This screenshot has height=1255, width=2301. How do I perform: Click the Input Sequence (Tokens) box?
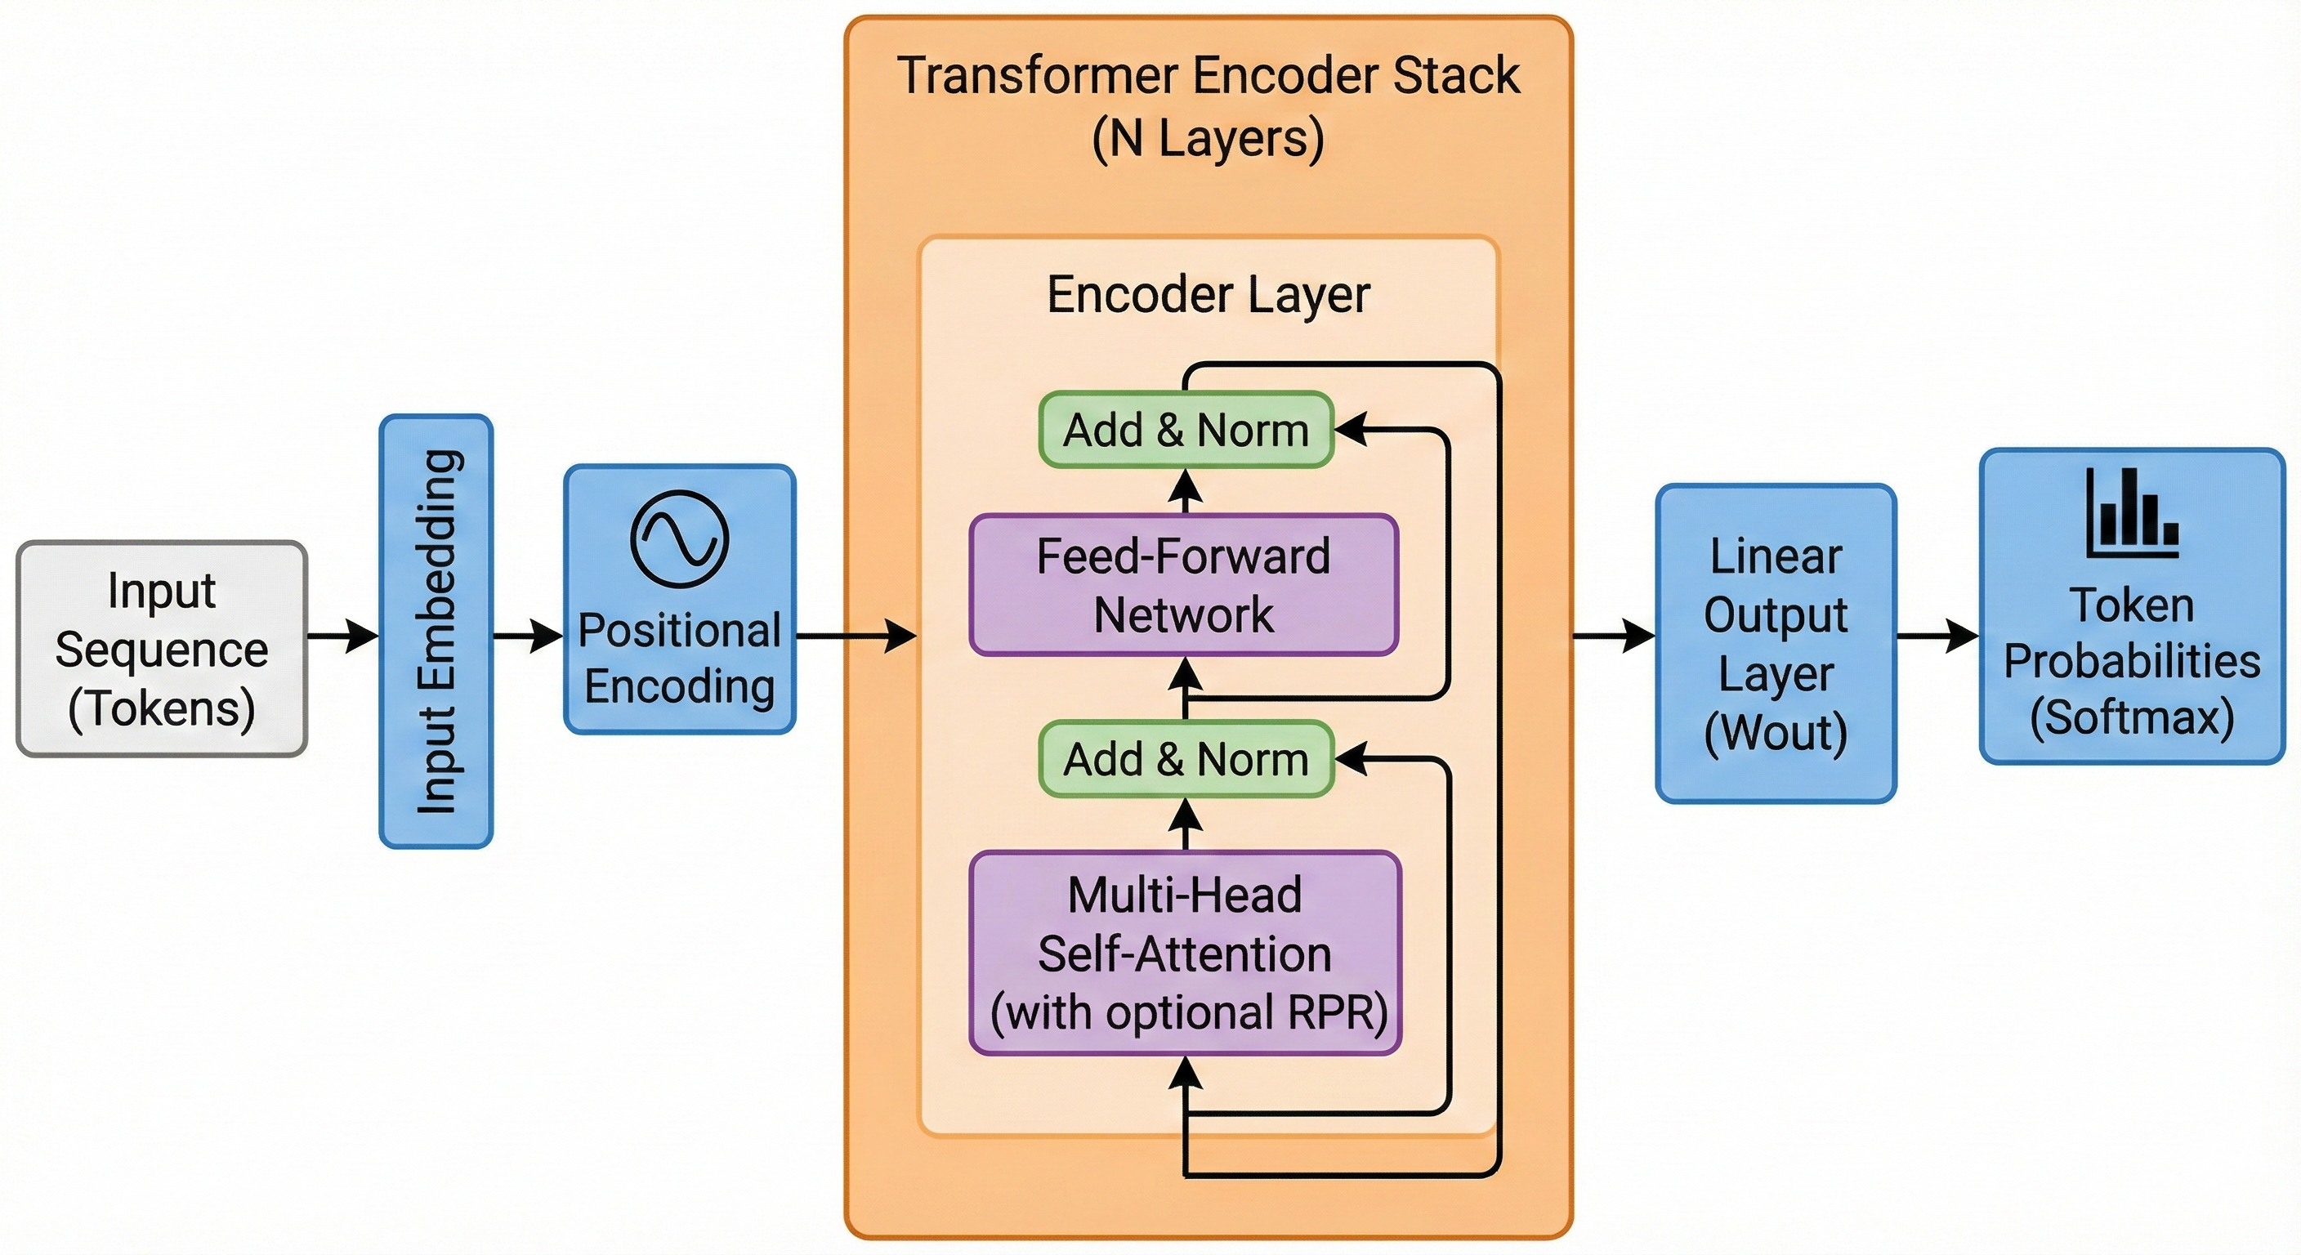tap(162, 649)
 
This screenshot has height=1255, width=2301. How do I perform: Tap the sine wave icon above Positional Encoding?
tap(680, 538)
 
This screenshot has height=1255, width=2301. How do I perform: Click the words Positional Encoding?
tap(680, 659)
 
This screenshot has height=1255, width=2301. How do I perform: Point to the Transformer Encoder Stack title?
tap(1208, 75)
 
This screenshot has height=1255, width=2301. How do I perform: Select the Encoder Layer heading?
tap(1208, 295)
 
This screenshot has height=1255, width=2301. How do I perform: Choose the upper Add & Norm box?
tap(1186, 430)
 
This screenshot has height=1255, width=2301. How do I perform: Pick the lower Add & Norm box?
tap(1186, 759)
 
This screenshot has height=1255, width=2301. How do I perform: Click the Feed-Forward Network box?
tap(1183, 585)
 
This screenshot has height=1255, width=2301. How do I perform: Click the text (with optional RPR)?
tap(1188, 1013)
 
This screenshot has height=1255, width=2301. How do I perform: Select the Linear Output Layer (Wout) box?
tap(1776, 643)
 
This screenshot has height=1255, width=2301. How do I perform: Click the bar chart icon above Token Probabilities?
tap(2132, 514)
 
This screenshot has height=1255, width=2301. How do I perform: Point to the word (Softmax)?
tap(2132, 717)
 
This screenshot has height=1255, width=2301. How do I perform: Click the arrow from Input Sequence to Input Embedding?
tap(343, 636)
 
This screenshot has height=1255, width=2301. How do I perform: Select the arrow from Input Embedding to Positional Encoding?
tap(528, 636)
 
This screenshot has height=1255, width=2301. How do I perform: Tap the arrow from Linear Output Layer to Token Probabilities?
tap(1937, 636)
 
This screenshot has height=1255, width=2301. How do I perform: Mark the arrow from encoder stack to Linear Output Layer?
tap(1613, 636)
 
